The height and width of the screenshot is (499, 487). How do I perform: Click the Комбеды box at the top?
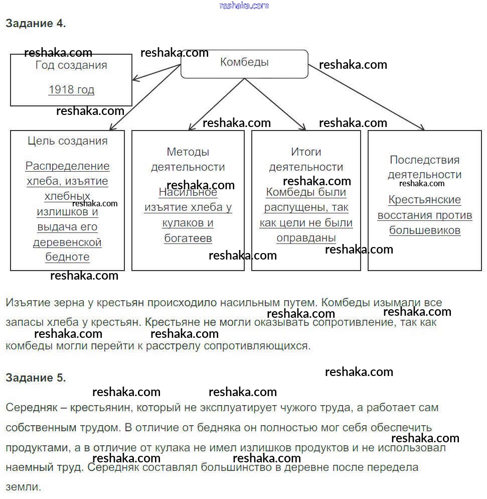point(244,63)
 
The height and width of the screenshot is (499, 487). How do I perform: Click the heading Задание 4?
point(36,23)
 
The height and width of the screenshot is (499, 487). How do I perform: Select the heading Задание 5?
point(36,378)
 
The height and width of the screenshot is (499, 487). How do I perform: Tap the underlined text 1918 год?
point(71,90)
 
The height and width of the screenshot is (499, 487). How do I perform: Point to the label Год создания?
point(71,65)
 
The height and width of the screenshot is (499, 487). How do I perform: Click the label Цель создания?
point(68,141)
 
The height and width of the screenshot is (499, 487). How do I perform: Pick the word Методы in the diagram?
point(188,152)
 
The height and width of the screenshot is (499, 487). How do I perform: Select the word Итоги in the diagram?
point(306,152)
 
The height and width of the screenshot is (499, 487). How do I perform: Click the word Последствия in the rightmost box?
point(424,160)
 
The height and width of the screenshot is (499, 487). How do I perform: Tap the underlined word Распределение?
point(68,166)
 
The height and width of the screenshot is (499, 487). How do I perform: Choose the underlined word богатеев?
point(188,238)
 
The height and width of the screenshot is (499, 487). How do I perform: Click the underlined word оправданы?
point(306,238)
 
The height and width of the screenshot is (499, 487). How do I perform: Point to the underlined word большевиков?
point(425,231)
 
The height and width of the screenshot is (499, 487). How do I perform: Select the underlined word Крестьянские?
point(425,200)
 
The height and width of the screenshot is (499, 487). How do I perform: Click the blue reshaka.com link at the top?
point(244,6)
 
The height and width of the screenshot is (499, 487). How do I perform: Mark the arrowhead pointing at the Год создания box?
point(135,79)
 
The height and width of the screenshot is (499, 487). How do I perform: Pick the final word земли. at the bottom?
point(23,486)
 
